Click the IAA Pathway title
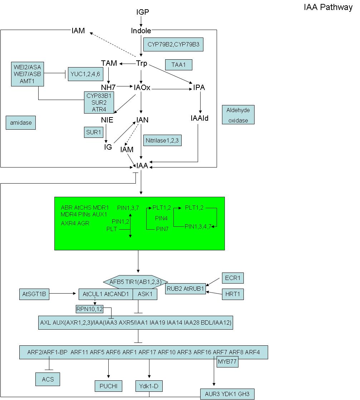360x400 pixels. pos(328,7)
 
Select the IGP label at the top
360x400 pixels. pos(143,12)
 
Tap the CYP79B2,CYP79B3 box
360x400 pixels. pos(173,44)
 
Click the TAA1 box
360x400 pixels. pos(178,65)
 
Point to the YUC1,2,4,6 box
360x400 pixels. pos(85,74)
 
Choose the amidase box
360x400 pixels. pos(21,123)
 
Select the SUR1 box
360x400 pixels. pos(93,132)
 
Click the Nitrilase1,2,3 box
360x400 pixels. pos(162,140)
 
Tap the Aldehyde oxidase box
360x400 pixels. pos(238,115)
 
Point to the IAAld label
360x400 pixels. pos(199,118)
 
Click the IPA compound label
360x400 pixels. pos(199,87)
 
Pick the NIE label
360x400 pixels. pos(107,120)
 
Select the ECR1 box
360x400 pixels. pos(233,278)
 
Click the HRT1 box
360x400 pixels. pos(233,294)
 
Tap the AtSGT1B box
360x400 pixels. pos(34,294)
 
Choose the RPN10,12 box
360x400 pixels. pos(90,309)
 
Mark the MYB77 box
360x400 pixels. pos(227,361)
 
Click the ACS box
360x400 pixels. pos(48,379)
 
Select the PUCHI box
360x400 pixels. pos(109,386)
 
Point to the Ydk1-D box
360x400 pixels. pos(149,386)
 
